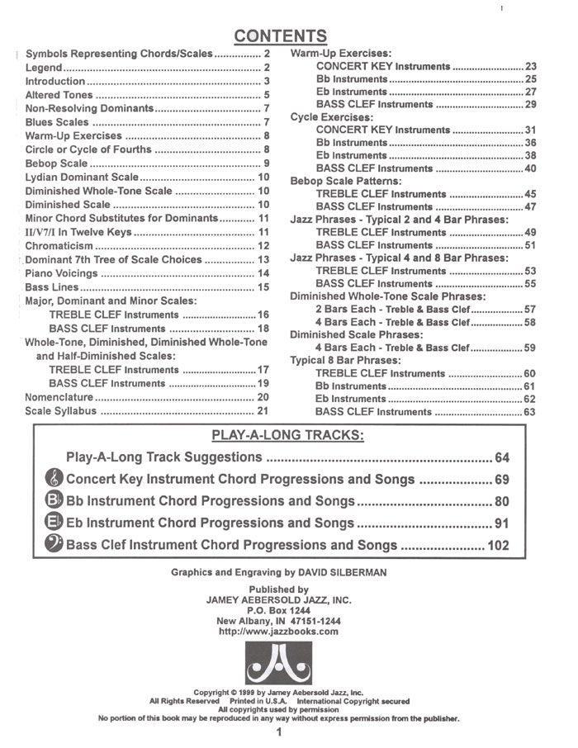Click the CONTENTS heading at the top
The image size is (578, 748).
[x=280, y=36]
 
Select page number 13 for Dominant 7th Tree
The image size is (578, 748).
[x=264, y=259]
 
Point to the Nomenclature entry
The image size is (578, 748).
[x=60, y=397]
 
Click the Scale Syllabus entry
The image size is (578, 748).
[x=62, y=411]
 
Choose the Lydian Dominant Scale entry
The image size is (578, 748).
[x=82, y=177]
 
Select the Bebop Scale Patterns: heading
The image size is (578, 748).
[x=346, y=181]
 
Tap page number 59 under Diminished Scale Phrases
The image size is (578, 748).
[x=529, y=348]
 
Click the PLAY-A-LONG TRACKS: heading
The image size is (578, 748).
[x=288, y=435]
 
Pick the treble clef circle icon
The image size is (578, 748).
[x=54, y=479]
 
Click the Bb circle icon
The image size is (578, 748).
[x=54, y=500]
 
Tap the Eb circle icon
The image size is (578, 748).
[x=54, y=523]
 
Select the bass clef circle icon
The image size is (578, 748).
[x=54, y=544]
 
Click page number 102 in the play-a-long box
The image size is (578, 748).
[x=499, y=545]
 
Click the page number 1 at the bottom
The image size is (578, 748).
[x=280, y=732]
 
